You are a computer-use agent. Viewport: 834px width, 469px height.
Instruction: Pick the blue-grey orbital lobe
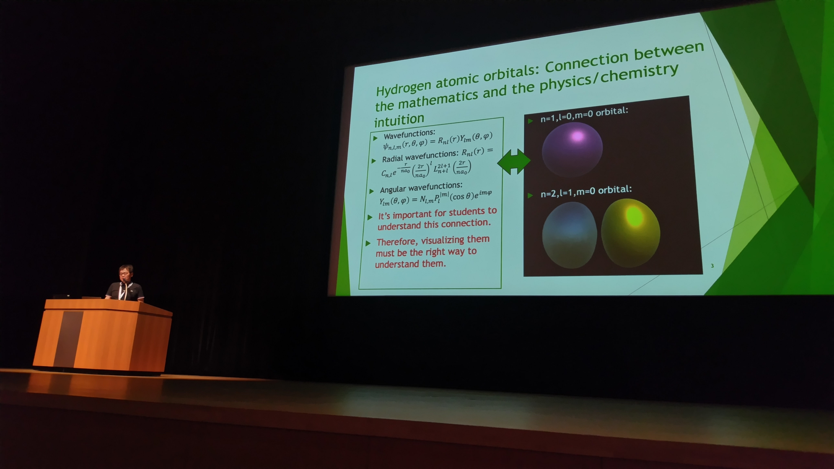(570, 235)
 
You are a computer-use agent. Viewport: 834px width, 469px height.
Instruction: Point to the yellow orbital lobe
(630, 233)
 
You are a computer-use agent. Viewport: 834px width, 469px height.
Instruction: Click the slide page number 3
(712, 266)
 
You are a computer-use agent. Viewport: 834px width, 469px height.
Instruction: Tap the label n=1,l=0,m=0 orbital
(584, 115)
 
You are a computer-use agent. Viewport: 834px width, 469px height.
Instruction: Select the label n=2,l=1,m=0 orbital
(586, 191)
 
